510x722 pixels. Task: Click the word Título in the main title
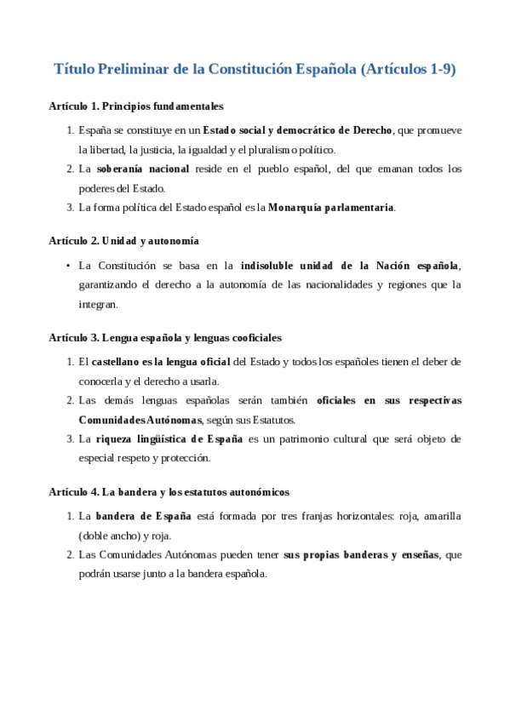click(74, 70)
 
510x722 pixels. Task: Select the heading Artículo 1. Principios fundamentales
click(136, 107)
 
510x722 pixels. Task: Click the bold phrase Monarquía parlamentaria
click(331, 207)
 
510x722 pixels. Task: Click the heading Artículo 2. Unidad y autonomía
click(124, 241)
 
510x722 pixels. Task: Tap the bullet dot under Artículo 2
click(67, 265)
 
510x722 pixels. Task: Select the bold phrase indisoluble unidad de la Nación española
click(349, 265)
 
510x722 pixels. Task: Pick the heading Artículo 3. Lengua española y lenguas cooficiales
click(165, 338)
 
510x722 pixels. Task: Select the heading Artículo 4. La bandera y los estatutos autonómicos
click(169, 492)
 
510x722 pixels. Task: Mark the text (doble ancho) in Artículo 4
click(106, 536)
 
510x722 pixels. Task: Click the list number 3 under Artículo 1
click(70, 207)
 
